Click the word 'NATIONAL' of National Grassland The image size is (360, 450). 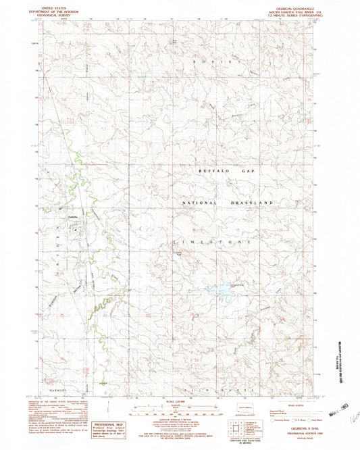tap(200, 203)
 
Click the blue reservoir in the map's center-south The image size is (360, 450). tap(220, 290)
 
